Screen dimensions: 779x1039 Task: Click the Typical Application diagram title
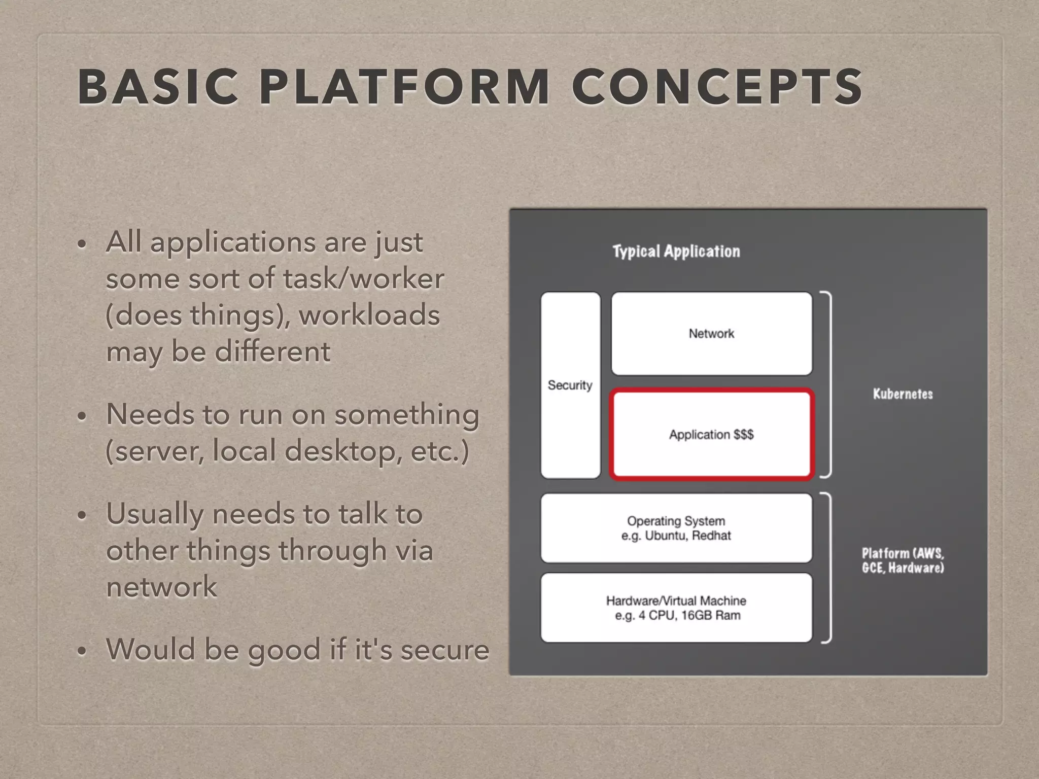676,252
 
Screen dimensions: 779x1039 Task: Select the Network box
711,333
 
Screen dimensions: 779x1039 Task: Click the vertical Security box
570,385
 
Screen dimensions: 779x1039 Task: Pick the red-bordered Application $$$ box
711,434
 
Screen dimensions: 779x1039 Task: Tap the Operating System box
676,528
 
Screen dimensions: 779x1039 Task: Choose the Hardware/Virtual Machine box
676,608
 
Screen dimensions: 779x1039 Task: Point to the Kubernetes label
903,394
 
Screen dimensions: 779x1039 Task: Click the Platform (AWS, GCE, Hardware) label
903,560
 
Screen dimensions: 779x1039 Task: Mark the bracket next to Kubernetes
827,384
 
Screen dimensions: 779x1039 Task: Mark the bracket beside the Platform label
827,568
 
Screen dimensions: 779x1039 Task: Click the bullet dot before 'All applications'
82,244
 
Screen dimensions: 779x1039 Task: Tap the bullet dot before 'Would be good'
82,651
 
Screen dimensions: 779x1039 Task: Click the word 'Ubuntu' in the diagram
664,536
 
